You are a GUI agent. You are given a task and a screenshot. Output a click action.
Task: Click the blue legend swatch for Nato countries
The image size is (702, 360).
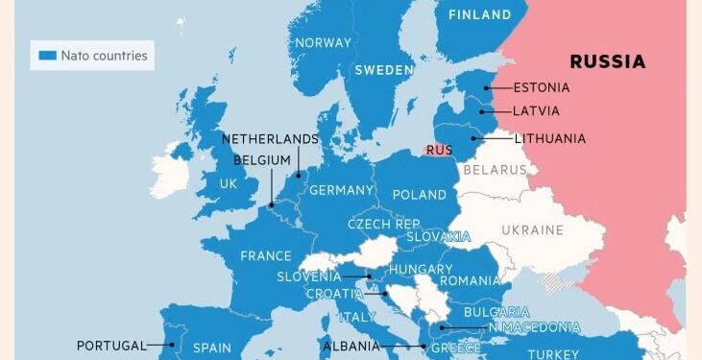[x=47, y=56]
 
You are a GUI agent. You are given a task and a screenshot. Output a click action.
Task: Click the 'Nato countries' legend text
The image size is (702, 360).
[x=105, y=56]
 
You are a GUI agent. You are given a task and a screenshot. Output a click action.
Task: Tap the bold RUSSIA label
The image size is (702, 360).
[x=607, y=61]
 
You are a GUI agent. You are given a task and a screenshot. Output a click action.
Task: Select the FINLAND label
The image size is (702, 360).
[x=480, y=15]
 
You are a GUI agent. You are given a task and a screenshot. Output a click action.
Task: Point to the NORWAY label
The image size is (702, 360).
[x=323, y=42]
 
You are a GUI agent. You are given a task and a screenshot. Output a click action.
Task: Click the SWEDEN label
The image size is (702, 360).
[x=383, y=70]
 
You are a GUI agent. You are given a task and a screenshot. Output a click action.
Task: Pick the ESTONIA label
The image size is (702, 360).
[x=541, y=87]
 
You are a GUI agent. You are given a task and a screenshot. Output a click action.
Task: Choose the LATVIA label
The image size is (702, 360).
[x=536, y=111]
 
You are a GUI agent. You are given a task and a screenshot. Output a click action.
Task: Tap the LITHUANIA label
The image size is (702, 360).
[x=549, y=138]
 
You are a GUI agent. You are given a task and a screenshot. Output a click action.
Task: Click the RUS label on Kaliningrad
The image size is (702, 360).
[x=439, y=150]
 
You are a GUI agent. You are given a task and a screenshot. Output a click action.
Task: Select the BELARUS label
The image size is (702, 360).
[x=495, y=170]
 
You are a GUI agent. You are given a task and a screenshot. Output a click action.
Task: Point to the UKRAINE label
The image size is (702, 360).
[x=532, y=230]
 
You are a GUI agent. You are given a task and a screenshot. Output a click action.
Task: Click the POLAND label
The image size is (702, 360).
[x=420, y=194]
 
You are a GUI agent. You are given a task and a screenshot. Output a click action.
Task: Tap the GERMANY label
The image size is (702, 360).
[x=340, y=190]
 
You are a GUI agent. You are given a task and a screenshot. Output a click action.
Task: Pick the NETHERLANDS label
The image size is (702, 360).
[x=270, y=138]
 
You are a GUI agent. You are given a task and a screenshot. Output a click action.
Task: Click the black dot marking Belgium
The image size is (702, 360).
[x=272, y=204]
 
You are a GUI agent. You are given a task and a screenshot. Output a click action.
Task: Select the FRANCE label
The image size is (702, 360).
[x=265, y=256]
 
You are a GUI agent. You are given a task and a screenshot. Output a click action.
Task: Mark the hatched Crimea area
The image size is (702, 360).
[x=555, y=283]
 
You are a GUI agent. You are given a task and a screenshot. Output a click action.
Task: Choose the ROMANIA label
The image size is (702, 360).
[x=470, y=281]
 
